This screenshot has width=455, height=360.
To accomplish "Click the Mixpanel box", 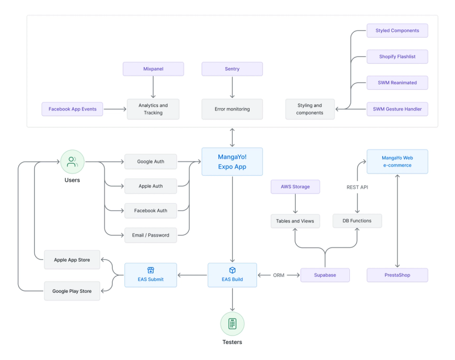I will point(154,69).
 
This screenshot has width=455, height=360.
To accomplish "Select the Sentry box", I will point(232,69).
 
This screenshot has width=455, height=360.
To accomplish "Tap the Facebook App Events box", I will point(72,109).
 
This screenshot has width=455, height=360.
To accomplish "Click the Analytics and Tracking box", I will point(153,109).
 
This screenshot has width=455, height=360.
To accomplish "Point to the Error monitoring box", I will point(232,109).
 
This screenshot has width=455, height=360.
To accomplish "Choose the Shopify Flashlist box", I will point(397,56).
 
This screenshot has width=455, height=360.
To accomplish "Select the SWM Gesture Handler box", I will point(397,109).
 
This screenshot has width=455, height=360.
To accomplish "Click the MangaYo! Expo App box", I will point(232,162).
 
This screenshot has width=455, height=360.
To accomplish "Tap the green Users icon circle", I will point(72,162).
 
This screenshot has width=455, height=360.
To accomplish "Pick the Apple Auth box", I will point(151,186).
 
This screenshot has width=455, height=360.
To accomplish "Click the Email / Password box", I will point(151,234).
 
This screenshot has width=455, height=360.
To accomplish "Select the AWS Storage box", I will point(295,186).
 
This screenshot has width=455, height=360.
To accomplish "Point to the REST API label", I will point(358,187).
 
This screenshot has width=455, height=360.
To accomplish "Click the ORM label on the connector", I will point(279,275).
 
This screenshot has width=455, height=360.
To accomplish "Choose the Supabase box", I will point(325,275).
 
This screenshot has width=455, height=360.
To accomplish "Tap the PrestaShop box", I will point(397,275).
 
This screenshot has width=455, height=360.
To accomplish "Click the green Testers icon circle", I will point(232,324).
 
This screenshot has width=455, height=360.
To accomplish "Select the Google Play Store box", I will point(72,291).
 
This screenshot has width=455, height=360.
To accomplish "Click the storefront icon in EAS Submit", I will point(151,270).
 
